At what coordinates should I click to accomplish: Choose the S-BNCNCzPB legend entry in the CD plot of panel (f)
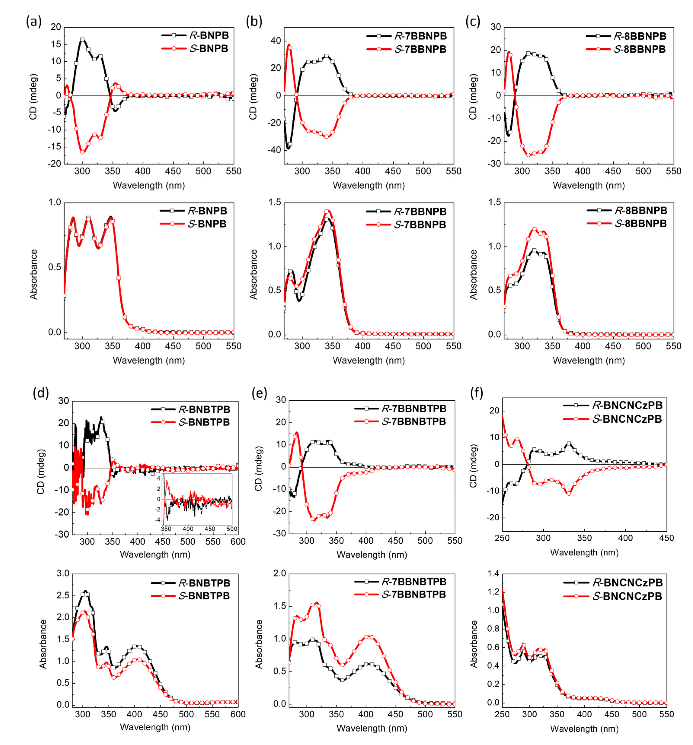point(627,419)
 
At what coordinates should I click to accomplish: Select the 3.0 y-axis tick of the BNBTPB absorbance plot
point(63,573)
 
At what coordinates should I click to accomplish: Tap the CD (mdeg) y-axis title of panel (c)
point(473,97)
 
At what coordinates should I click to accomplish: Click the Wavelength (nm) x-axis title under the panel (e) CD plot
point(372,555)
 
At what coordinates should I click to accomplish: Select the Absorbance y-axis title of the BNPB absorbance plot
point(34,274)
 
